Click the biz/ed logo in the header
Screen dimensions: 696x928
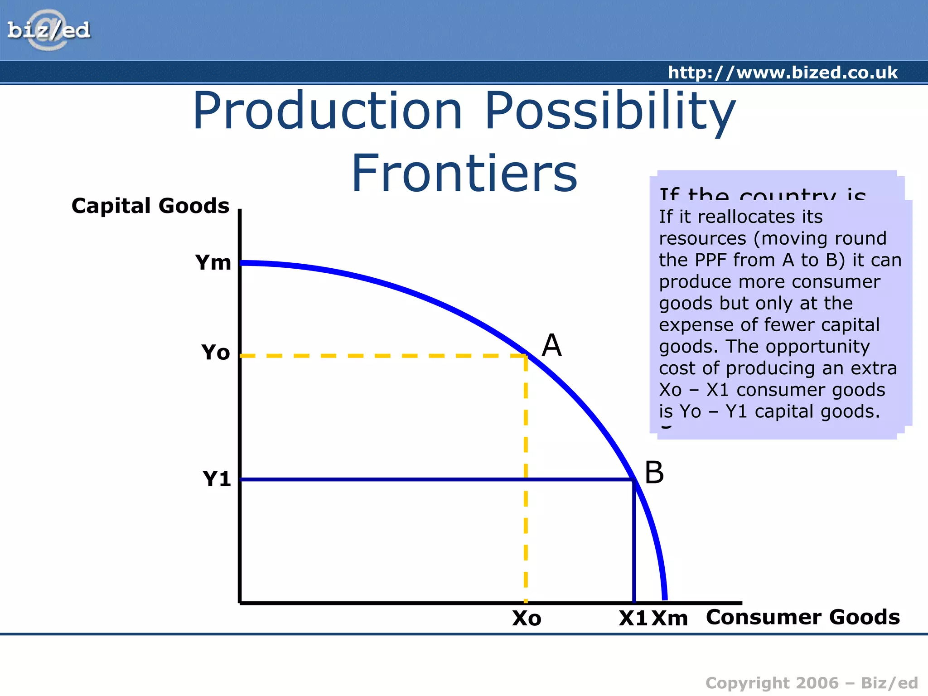tap(49, 30)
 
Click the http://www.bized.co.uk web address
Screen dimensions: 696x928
tap(783, 72)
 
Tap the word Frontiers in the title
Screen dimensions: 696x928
tap(464, 174)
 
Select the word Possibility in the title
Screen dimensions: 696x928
tap(610, 111)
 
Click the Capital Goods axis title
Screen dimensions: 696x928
tap(150, 206)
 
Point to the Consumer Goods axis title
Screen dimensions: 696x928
tap(802, 617)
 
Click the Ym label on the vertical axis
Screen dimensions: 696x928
tap(213, 262)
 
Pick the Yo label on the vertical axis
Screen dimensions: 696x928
tap(216, 353)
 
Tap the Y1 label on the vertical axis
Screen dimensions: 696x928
tap(217, 479)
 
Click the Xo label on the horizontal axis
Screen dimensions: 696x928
tap(527, 619)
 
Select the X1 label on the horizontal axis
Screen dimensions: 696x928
tap(633, 619)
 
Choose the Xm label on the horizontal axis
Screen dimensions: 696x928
tap(670, 619)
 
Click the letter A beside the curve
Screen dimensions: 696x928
tap(551, 346)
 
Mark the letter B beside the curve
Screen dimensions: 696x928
tap(654, 473)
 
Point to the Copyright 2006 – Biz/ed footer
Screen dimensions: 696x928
tap(811, 683)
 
